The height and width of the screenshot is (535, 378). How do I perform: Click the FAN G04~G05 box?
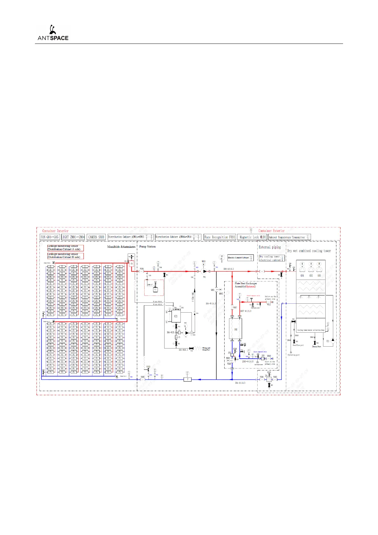(x=50, y=237)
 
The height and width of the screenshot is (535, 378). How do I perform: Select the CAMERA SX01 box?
(x=96, y=237)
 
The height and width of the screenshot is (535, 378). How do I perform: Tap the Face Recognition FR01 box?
(x=220, y=237)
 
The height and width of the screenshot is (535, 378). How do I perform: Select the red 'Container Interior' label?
(x=55, y=231)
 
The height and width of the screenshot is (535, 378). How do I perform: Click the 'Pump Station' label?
(x=147, y=247)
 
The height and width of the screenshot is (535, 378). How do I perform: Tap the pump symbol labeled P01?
(x=205, y=271)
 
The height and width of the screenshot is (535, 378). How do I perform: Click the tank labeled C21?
(x=176, y=316)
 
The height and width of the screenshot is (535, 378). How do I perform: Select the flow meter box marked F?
(x=187, y=379)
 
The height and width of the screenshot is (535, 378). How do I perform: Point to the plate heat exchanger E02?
(x=235, y=329)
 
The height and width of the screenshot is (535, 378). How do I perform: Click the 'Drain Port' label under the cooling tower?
(x=316, y=347)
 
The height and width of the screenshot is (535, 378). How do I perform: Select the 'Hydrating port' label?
(x=294, y=355)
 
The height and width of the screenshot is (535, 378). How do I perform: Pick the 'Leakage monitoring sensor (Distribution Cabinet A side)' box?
(x=65, y=248)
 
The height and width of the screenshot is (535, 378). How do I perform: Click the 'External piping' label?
(x=270, y=247)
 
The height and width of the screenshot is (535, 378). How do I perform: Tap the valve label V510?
(x=148, y=367)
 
